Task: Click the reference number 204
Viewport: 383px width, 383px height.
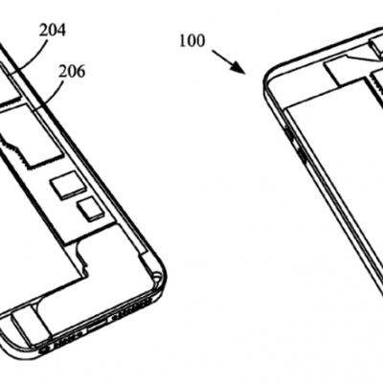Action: point(53,31)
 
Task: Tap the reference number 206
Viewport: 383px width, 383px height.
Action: point(72,72)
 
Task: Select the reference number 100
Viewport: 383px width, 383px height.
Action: point(192,41)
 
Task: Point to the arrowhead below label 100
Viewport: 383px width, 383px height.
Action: point(237,66)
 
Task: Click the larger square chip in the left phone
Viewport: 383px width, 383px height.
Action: point(68,183)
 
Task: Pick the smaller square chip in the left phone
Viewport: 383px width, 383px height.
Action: point(91,210)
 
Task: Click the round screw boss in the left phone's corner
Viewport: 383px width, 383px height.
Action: point(156,275)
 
